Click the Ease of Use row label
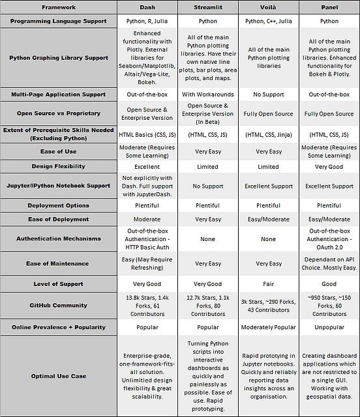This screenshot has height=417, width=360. click(x=59, y=151)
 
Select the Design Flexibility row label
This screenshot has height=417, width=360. click(x=59, y=166)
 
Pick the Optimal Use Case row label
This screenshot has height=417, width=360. click(x=59, y=375)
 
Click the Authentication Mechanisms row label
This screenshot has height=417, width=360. click(x=59, y=238)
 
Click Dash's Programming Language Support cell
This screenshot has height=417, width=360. click(x=147, y=22)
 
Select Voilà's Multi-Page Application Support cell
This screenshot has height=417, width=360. click(x=268, y=94)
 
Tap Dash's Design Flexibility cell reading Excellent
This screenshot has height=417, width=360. click(x=147, y=166)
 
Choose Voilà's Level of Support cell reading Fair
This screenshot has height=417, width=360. click(x=268, y=283)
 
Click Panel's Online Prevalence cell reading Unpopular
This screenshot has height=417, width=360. click(x=329, y=326)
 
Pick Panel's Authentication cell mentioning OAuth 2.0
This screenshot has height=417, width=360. click(x=329, y=238)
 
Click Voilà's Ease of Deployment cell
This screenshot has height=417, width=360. click(x=268, y=219)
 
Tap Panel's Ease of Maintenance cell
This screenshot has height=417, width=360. click(x=329, y=263)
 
